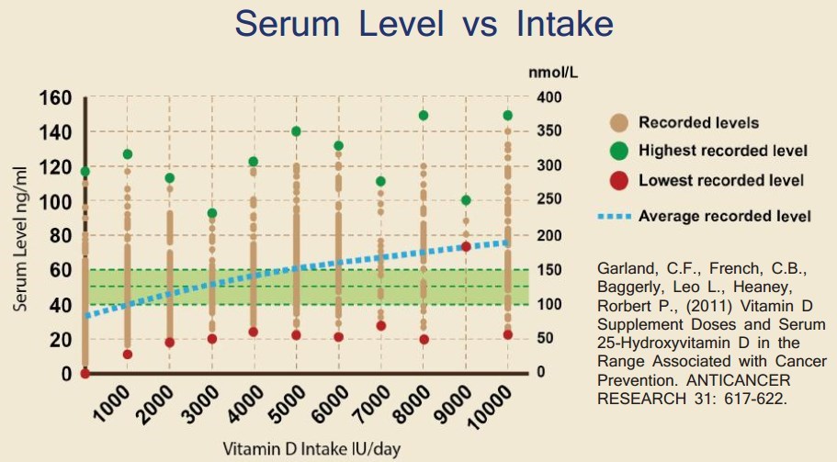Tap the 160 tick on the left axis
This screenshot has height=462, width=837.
point(54,98)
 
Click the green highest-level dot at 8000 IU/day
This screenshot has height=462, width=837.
point(424,116)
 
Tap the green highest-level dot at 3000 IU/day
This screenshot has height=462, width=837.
point(212,213)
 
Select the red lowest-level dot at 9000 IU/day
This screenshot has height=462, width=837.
point(466,246)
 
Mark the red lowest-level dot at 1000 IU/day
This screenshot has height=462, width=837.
point(128,354)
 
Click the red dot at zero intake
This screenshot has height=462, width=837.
point(85,373)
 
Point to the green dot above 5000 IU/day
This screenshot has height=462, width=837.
point(297,131)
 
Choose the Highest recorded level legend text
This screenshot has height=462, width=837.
point(723,151)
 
